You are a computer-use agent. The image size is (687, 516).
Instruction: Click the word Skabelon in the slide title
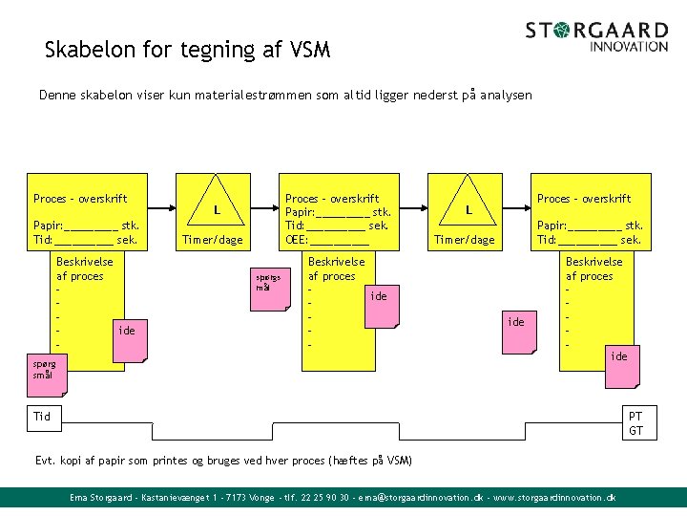tap(87, 50)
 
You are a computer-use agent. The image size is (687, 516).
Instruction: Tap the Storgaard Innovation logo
tap(596, 36)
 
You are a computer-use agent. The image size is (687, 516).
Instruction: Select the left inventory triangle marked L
tap(218, 205)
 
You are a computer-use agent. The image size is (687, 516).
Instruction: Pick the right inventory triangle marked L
tap(469, 205)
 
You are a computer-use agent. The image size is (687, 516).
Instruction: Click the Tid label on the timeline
tap(42, 417)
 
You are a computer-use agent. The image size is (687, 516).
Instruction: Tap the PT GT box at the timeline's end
tap(635, 423)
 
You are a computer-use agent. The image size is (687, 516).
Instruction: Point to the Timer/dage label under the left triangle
tap(213, 240)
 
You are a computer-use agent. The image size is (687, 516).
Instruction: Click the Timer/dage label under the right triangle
tap(465, 240)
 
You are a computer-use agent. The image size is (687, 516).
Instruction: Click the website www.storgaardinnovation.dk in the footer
tap(554, 498)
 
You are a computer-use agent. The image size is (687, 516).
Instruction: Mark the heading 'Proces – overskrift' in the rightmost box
tap(584, 199)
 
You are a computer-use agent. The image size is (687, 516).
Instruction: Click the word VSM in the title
tap(309, 50)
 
